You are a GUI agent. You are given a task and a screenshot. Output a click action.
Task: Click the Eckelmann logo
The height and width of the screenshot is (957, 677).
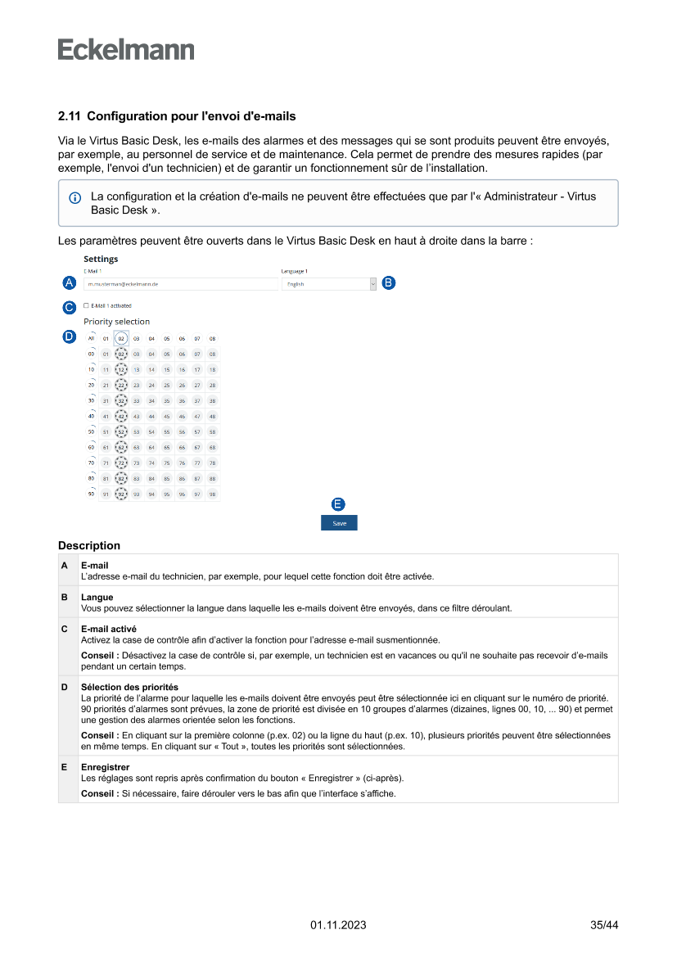126,49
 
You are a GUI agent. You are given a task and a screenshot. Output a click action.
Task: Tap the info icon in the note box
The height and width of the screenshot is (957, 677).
75,198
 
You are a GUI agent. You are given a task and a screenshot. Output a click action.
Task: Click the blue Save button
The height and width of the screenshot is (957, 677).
339,523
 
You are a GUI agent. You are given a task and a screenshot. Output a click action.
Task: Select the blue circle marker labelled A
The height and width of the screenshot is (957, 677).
70,282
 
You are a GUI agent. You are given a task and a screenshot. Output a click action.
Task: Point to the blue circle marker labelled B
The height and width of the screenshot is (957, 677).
388,282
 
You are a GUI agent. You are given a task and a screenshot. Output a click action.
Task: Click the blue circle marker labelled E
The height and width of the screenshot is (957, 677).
338,504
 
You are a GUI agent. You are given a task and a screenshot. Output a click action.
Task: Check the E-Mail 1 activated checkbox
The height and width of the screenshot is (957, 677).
86,305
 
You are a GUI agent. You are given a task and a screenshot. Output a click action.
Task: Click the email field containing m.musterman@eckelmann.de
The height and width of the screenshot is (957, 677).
180,284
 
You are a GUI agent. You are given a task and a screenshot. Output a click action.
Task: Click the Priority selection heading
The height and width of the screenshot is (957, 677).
116,322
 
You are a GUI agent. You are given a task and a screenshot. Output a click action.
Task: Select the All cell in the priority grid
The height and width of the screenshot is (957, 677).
92,338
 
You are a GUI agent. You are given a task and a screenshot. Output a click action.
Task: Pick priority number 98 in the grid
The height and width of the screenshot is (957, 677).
212,494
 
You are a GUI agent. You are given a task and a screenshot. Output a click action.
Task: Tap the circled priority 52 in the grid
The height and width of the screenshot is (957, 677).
121,431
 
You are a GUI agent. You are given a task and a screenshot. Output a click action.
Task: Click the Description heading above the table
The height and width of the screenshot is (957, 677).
89,545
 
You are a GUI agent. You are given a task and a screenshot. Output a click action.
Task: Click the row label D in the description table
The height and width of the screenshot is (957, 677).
65,687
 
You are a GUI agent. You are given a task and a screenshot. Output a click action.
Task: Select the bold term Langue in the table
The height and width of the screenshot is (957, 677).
97,598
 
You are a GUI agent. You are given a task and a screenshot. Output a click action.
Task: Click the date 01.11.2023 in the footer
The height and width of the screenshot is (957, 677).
338,925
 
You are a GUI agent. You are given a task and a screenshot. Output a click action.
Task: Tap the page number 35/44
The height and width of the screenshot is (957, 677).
604,925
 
